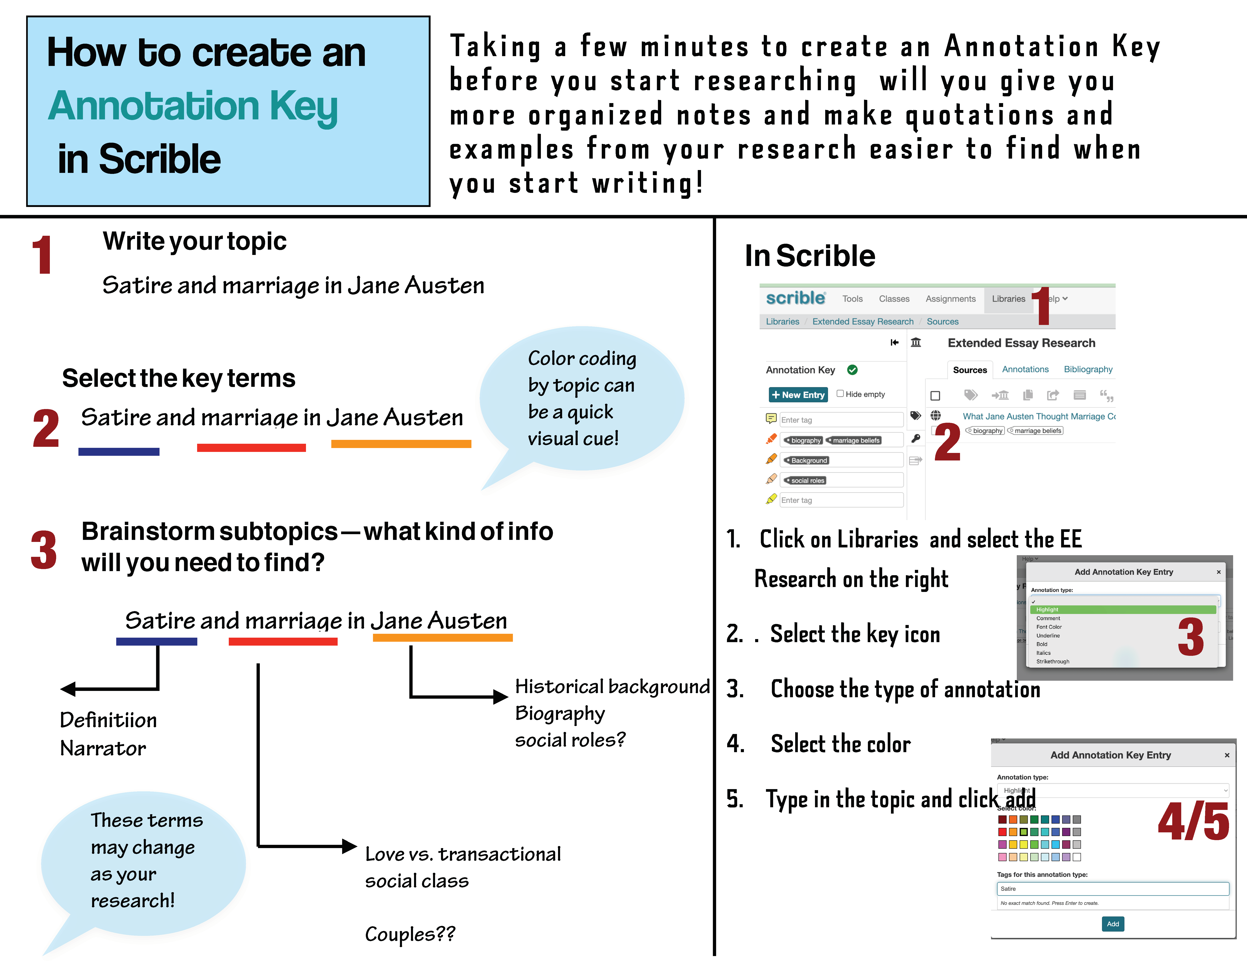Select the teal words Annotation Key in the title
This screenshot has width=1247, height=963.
(x=193, y=106)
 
